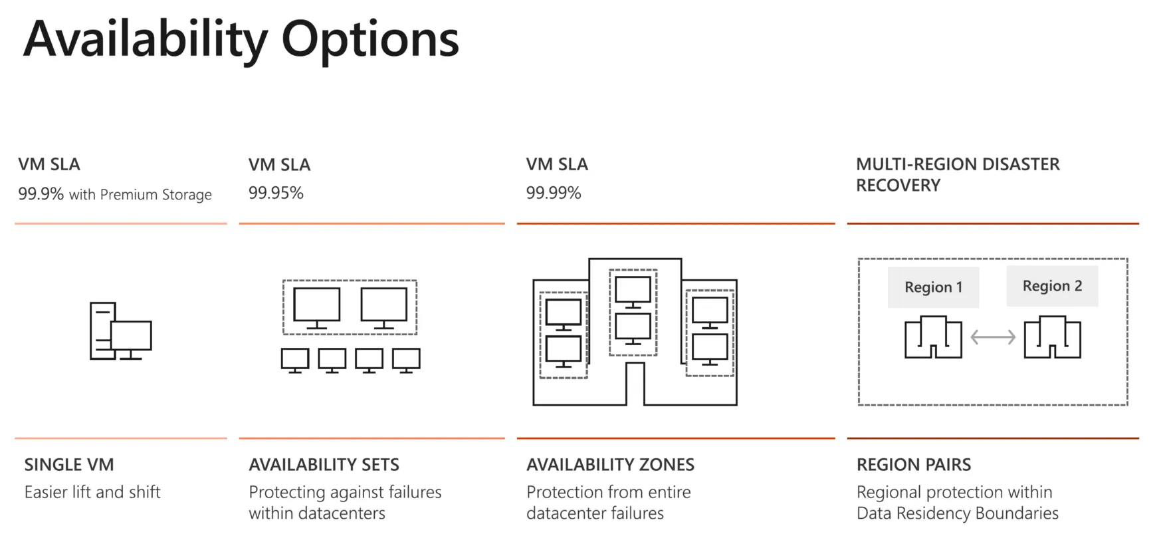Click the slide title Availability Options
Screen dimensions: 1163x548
point(241,40)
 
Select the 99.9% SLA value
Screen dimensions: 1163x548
point(41,194)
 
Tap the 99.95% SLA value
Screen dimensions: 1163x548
point(276,193)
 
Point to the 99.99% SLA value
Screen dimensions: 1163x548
point(554,193)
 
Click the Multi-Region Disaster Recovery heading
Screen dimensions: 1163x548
point(958,174)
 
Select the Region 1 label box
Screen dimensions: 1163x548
point(933,287)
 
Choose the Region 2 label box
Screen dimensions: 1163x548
point(1052,286)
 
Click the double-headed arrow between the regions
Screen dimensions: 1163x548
point(993,337)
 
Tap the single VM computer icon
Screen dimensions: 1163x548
point(120,331)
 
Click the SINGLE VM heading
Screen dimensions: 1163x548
point(69,464)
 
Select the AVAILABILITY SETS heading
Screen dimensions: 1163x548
point(324,464)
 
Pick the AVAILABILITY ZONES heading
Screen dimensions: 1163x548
point(610,464)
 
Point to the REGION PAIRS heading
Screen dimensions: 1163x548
point(914,464)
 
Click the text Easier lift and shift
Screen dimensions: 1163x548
point(92,492)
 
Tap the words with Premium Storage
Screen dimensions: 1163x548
point(140,195)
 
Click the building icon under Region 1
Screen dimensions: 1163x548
point(933,337)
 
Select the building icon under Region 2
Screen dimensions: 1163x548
point(1052,337)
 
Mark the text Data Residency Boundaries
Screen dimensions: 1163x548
point(958,513)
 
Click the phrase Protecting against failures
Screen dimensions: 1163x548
point(345,492)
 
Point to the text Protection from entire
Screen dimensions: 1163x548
point(609,492)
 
